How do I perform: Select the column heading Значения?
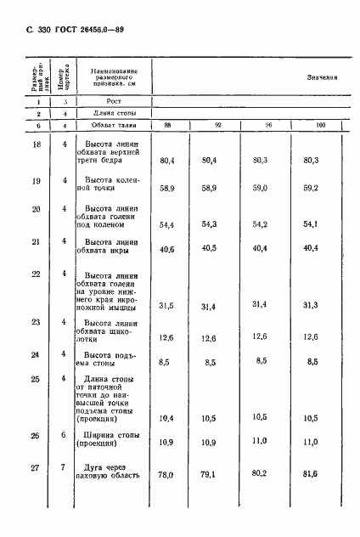322,76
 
